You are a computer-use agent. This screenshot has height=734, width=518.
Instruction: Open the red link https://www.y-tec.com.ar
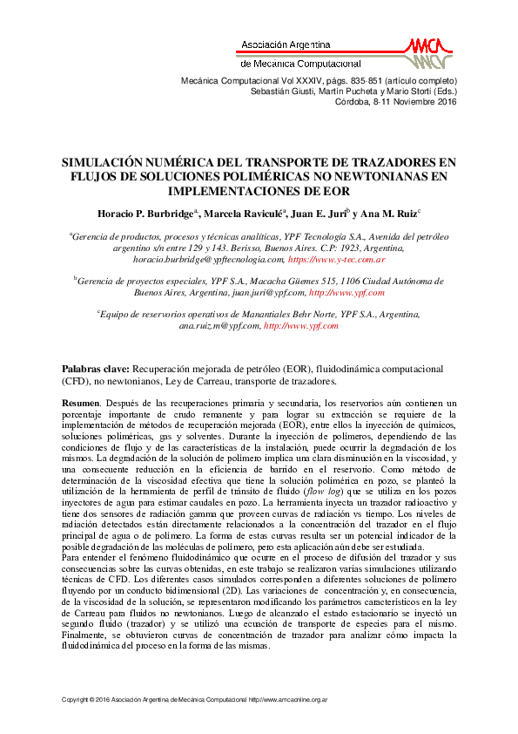pyautogui.click(x=336, y=260)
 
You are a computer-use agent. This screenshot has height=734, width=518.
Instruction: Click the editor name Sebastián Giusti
pyautogui.click(x=279, y=91)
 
